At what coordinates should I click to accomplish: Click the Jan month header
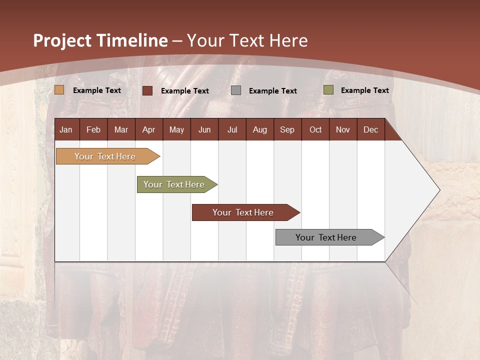coord(66,129)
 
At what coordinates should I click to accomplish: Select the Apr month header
coord(148,129)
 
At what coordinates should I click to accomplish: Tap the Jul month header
coord(232,129)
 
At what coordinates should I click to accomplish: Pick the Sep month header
coord(287,129)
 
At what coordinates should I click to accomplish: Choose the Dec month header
coord(370,129)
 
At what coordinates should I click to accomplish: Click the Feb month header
coord(93,129)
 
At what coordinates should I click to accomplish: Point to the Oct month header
coord(315,129)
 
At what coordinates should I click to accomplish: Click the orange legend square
coord(59,90)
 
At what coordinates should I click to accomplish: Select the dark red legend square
coord(147,90)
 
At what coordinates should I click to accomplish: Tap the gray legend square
coord(236,90)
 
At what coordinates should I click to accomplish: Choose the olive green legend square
coord(328,90)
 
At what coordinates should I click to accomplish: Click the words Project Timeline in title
coord(100,40)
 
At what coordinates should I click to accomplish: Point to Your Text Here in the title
coord(247,40)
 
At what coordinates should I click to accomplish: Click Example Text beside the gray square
coord(272,91)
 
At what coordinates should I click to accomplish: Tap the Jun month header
coord(204,129)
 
